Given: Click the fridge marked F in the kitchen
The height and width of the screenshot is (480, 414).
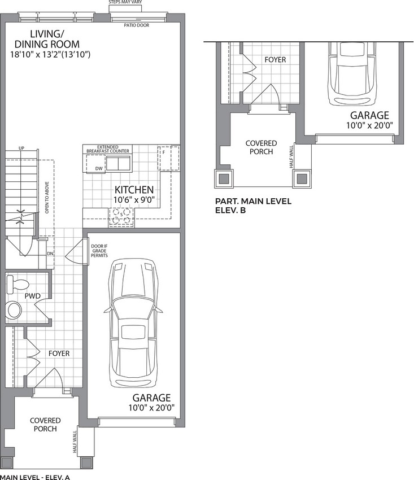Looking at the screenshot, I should (168, 158).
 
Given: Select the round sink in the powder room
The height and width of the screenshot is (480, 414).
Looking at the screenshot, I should (14, 309).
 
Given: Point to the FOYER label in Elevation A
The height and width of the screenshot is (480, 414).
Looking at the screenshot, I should (59, 354).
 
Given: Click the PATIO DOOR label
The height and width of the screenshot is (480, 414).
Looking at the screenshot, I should (138, 25).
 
